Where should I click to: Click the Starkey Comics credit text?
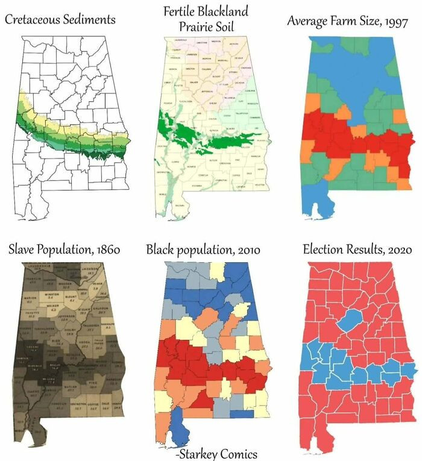coord(216,453)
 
